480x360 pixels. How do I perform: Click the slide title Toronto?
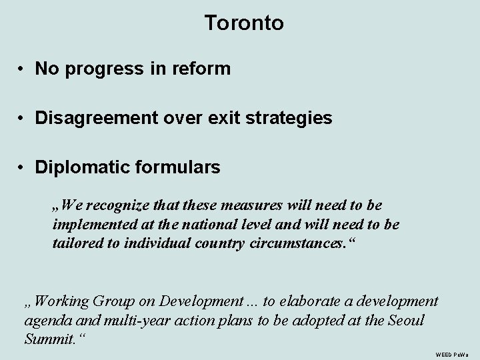coord(244,23)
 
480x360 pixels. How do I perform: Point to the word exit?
coord(227,118)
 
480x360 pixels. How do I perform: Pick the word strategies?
coord(289,118)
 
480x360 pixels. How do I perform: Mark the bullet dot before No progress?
coord(22,69)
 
